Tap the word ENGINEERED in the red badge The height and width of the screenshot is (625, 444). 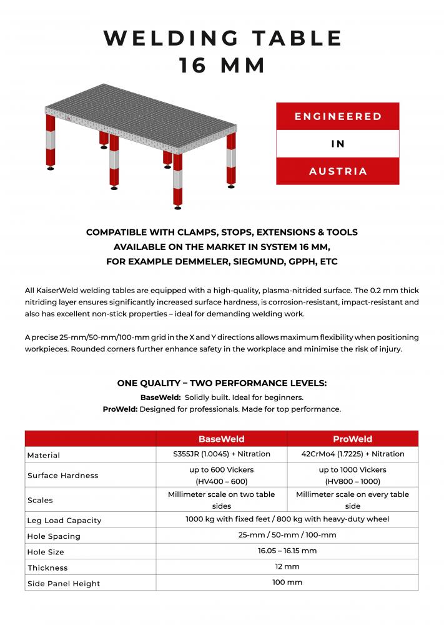coord(338,116)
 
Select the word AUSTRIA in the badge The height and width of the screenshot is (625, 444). coord(338,171)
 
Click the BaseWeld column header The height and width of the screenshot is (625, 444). coord(221,439)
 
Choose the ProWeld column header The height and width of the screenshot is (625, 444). coord(352,439)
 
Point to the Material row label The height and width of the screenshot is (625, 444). coord(44,455)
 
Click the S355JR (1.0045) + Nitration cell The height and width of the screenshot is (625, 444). coord(221,454)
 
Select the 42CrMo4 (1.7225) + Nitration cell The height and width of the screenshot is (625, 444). coord(352,454)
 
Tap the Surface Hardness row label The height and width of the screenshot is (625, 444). coord(62,475)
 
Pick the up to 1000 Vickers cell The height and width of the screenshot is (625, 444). coord(352,469)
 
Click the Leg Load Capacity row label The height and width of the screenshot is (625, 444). coord(64,520)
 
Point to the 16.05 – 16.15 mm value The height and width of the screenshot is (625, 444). coord(287,551)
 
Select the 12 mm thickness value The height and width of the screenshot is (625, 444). coord(287,566)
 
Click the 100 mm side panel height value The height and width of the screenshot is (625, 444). coord(287,582)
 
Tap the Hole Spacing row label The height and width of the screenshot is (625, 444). coord(54,536)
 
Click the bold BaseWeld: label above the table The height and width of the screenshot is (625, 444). coord(160,397)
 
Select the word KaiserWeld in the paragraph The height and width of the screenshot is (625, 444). coord(61,291)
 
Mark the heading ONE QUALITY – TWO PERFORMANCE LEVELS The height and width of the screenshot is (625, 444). coord(222,383)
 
